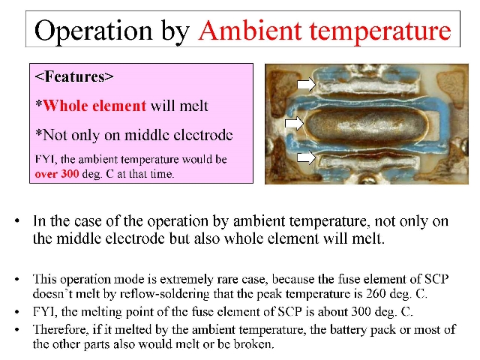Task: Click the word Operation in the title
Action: coord(93,31)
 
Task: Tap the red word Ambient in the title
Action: coord(250,30)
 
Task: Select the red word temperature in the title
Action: coord(380,31)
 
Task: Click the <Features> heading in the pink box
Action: coord(74,76)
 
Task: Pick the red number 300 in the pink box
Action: coord(70,174)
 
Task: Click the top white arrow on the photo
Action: coord(307,84)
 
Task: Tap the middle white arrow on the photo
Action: coord(294,123)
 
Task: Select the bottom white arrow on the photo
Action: coord(306,157)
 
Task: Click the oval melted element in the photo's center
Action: coord(367,125)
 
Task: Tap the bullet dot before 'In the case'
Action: coord(17,221)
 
